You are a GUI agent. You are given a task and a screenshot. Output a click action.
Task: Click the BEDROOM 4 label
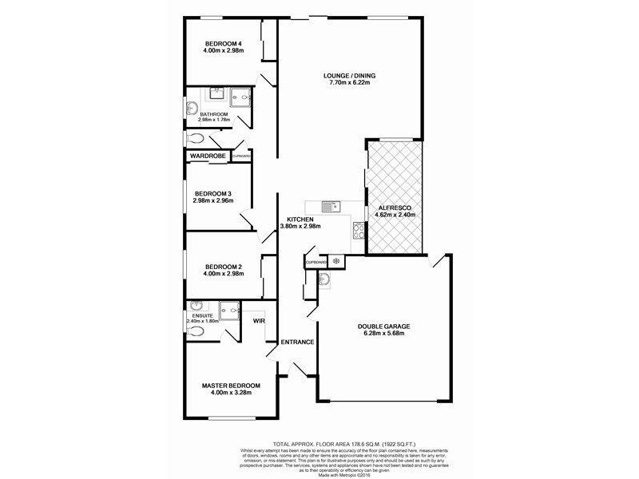pyautogui.click(x=223, y=43)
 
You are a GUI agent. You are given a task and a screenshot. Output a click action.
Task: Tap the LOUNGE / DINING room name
pyautogui.click(x=340, y=76)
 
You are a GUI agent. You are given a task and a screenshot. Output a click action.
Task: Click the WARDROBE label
pyautogui.click(x=208, y=156)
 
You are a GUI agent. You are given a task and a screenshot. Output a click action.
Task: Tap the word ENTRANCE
pyautogui.click(x=296, y=342)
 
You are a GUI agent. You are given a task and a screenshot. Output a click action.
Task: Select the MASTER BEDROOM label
pyautogui.click(x=231, y=386)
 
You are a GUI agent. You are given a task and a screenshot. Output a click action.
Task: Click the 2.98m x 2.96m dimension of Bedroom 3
pyautogui.click(x=212, y=200)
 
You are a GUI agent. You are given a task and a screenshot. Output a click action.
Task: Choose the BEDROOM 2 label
pyautogui.click(x=223, y=267)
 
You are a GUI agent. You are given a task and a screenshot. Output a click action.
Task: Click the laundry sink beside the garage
pyautogui.click(x=325, y=279)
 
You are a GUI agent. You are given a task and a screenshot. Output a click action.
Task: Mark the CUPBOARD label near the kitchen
pyautogui.click(x=316, y=262)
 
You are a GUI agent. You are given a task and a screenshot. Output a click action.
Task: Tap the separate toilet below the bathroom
pyautogui.click(x=197, y=138)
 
